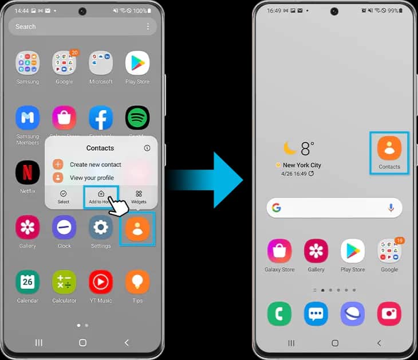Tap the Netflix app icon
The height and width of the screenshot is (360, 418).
point(27,173)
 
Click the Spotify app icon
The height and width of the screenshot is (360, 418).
point(137,118)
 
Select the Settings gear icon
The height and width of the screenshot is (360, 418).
point(101,228)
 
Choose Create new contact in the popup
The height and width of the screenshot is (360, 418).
point(95,165)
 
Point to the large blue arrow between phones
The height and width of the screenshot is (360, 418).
point(218,179)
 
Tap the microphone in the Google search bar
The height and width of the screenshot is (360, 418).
point(391,208)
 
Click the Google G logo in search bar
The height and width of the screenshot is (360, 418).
point(277,208)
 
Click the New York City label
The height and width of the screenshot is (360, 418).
point(302,165)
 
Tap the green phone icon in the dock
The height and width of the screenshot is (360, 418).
point(279,314)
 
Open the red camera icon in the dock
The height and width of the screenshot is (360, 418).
point(389,314)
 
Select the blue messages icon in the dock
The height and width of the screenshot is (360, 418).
point(316,314)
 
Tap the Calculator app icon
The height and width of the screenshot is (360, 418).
point(64,282)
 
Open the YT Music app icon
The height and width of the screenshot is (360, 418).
point(101,282)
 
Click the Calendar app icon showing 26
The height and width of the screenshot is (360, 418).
point(27,282)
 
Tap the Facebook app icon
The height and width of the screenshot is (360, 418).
point(101,118)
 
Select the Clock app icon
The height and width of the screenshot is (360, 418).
point(64,228)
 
